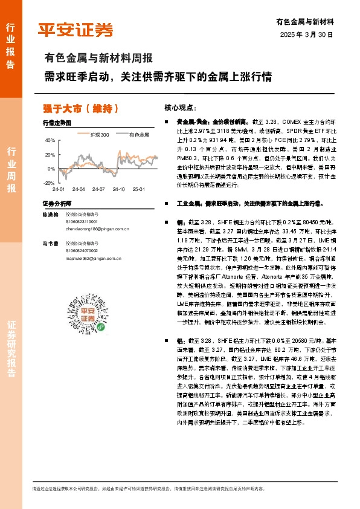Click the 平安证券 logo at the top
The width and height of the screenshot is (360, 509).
[x=76, y=29]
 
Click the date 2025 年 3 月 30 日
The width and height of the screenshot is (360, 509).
[x=307, y=35]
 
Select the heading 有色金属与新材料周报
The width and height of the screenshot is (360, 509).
[x=98, y=59]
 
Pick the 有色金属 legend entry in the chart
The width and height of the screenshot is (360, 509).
[x=139, y=135]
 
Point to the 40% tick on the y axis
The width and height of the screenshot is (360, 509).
[x=49, y=140]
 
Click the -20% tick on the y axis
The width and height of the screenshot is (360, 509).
[x=48, y=183]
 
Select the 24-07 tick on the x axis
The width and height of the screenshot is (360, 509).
[x=99, y=189]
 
